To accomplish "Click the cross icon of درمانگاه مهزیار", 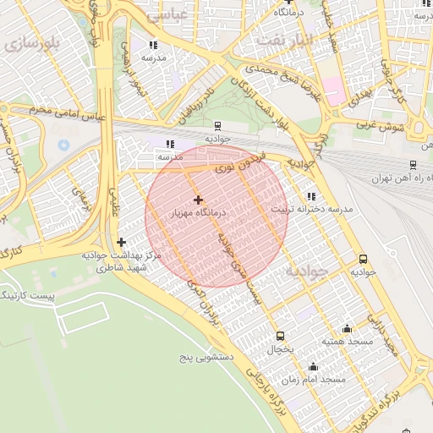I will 198,200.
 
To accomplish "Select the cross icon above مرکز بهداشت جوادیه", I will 121,242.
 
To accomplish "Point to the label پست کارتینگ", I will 28,296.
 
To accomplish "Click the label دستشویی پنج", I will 201,358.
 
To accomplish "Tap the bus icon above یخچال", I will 280,336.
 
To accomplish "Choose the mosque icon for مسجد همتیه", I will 347,328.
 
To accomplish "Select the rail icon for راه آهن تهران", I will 412,165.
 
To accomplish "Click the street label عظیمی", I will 112,201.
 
